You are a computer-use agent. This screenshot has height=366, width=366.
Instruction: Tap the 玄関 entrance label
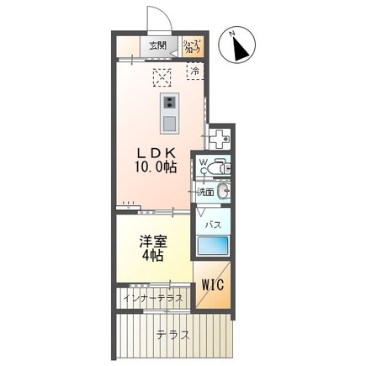[x=158, y=46]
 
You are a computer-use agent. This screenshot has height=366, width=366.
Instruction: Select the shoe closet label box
[x=191, y=46]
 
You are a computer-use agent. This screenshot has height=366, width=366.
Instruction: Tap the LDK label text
[x=155, y=152]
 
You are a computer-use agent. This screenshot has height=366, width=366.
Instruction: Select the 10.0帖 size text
[x=155, y=167]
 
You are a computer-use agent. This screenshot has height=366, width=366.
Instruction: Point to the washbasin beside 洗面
[x=223, y=192]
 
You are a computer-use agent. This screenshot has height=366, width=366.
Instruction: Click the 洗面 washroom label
[x=205, y=193]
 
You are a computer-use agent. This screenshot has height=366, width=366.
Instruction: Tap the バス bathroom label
[x=212, y=225]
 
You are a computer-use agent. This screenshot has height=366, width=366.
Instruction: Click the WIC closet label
[x=212, y=284]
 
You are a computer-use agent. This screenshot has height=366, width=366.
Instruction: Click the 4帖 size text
[x=152, y=257]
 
